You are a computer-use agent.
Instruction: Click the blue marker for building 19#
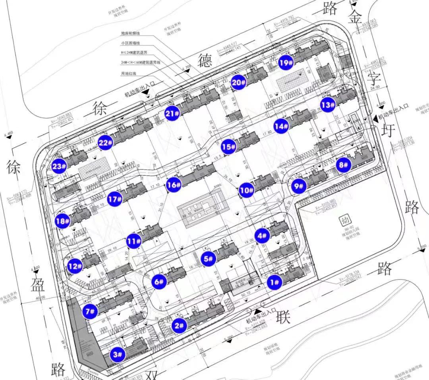286,62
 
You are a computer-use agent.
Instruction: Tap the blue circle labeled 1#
274,282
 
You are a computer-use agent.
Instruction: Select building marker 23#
59,166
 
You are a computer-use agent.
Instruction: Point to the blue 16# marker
174,185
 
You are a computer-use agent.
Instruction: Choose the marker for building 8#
343,165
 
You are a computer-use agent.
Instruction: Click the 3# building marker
118,354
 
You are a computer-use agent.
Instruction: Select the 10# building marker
246,190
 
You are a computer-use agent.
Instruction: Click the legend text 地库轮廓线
131,33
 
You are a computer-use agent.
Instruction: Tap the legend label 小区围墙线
131,43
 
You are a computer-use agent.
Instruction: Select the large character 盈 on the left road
37,284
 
